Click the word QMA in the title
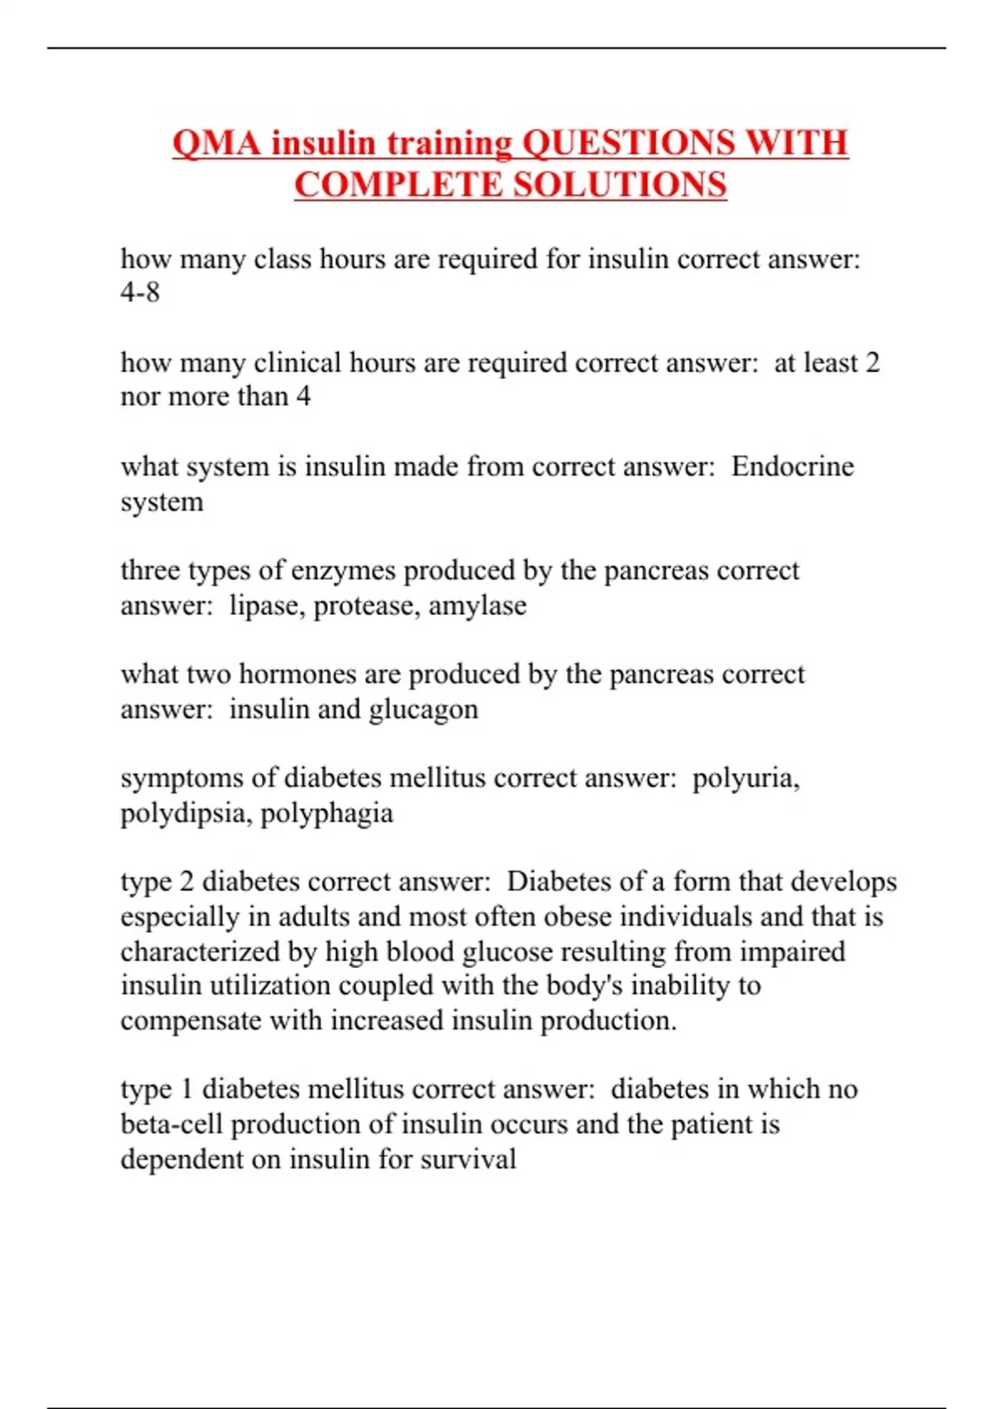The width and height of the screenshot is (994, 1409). pyautogui.click(x=217, y=143)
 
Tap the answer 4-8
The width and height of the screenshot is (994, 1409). pyautogui.click(x=140, y=293)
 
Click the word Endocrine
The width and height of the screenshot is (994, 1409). pyautogui.click(x=792, y=467)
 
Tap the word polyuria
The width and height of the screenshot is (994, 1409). pyautogui.click(x=745, y=778)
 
